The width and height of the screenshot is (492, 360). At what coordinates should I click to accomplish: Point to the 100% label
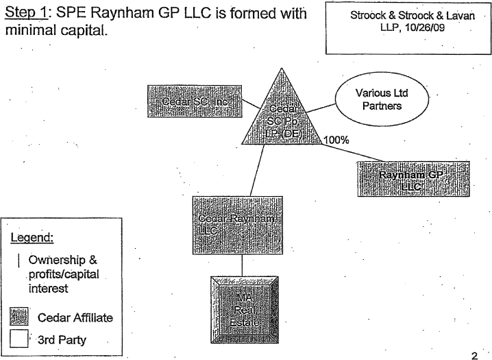click(x=336, y=139)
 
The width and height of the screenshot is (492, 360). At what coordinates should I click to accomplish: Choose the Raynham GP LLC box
click(x=413, y=180)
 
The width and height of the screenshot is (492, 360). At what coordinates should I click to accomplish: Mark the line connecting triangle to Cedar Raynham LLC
click(x=256, y=171)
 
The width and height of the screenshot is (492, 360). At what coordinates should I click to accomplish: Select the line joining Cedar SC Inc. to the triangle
click(x=252, y=106)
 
